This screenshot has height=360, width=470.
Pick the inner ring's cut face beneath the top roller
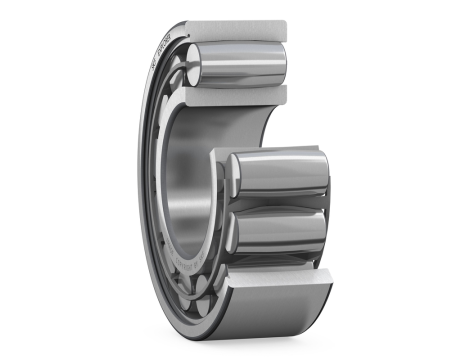coord(240,96)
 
